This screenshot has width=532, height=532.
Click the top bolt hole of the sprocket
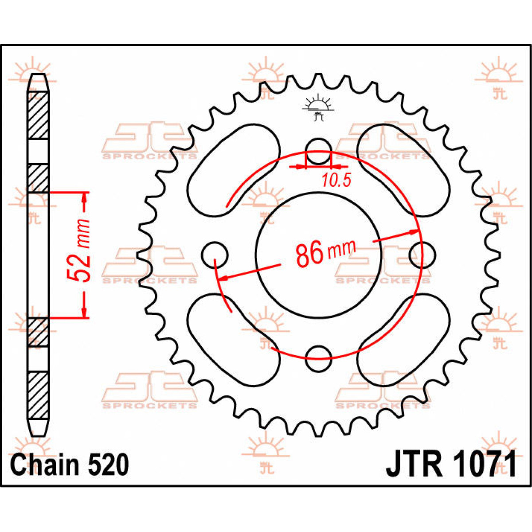click(318, 152)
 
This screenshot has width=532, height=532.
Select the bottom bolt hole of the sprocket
click(318, 358)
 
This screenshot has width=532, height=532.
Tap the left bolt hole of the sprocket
click(215, 255)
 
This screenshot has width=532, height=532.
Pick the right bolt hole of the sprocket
click(422, 255)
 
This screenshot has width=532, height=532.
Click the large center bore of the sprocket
click(319, 255)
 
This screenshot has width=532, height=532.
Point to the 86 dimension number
click(309, 254)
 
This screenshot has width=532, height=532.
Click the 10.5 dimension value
click(336, 180)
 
